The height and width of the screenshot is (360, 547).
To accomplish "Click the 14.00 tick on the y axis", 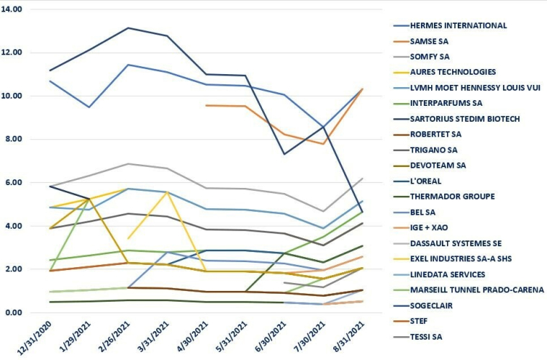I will click(x=13, y=9).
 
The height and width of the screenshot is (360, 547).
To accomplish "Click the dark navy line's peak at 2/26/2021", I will click(x=128, y=28).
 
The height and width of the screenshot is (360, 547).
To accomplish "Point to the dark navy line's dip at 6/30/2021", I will click(x=286, y=154).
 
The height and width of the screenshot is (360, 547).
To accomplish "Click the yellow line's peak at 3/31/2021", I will click(x=168, y=192).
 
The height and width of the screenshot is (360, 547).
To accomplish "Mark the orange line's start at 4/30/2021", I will click(x=207, y=105).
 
